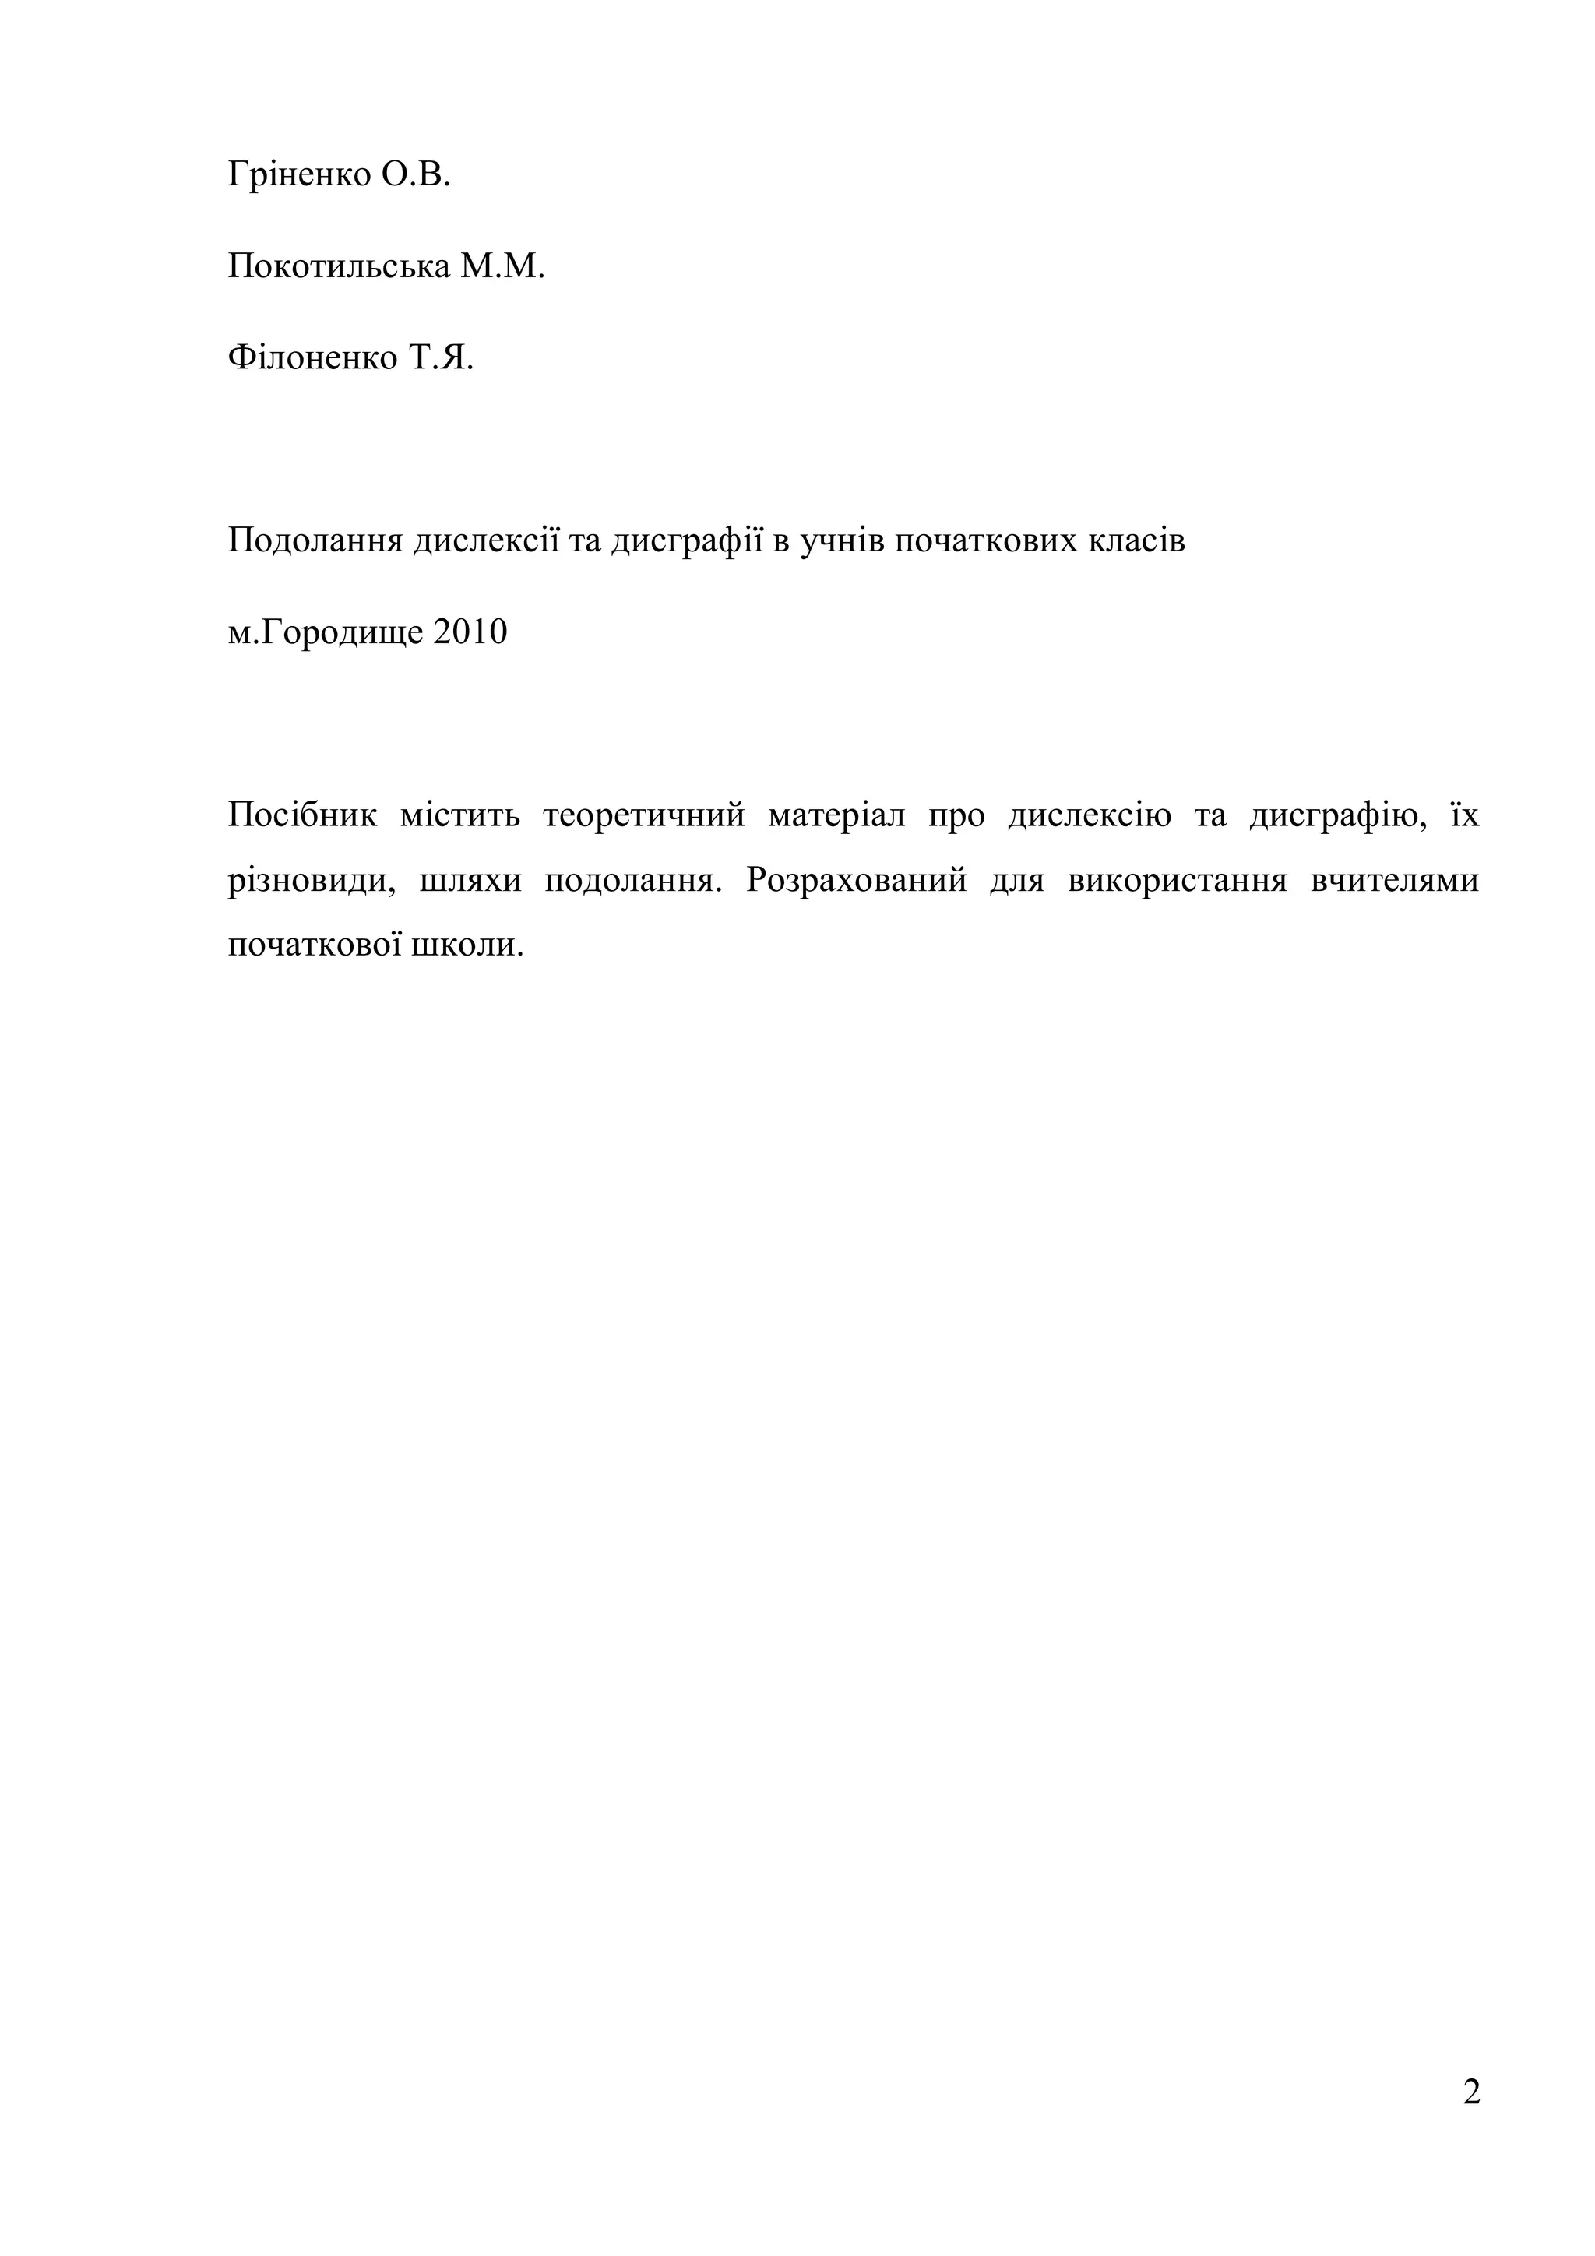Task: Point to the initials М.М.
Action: (502, 266)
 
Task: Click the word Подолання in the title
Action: (315, 541)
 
